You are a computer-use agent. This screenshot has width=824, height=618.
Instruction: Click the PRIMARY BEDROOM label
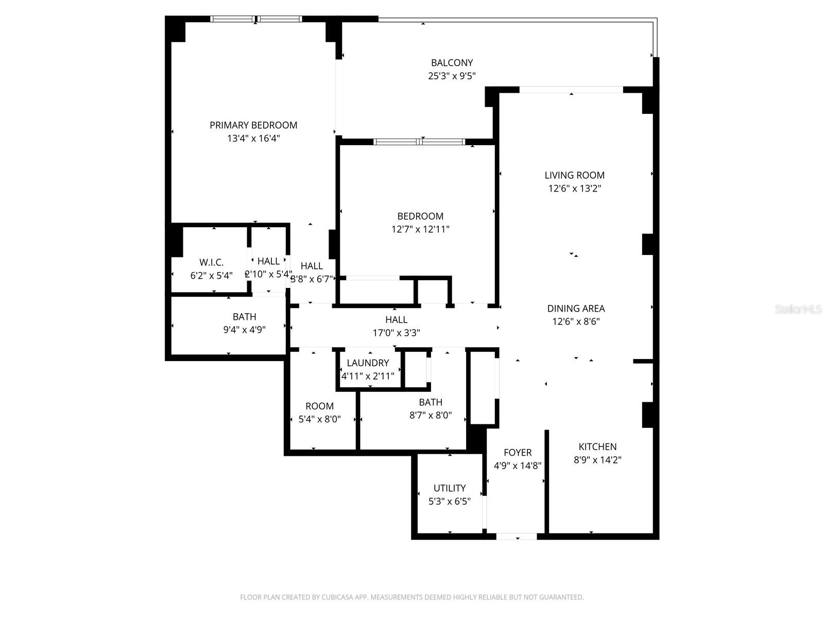point(253,125)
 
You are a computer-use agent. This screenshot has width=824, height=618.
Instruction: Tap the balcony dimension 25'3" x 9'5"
point(452,76)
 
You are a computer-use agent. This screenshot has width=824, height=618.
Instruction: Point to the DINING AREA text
point(576,308)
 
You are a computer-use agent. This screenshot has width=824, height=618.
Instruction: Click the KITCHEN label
point(597,447)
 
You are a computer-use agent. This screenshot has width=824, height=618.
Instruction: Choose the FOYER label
point(518,452)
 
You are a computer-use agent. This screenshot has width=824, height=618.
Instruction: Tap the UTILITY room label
point(450,488)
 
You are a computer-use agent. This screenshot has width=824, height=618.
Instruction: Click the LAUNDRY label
point(368,363)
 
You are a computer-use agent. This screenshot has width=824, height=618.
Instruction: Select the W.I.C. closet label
point(211,262)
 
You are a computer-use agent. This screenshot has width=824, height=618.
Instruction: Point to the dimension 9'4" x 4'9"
point(244,330)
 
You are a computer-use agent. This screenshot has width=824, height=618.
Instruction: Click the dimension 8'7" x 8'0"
point(431,415)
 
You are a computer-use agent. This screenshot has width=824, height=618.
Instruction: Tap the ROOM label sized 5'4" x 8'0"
point(319,406)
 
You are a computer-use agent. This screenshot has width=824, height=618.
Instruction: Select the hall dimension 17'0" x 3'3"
point(396,333)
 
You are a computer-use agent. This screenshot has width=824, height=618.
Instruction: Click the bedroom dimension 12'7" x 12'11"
point(420,229)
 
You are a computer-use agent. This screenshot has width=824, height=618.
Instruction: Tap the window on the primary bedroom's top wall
point(256,19)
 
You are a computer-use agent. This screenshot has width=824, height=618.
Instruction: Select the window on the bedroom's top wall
point(419,142)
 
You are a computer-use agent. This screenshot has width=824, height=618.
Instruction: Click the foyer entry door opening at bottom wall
point(517,536)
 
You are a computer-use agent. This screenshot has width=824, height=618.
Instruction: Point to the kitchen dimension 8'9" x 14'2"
point(597,460)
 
